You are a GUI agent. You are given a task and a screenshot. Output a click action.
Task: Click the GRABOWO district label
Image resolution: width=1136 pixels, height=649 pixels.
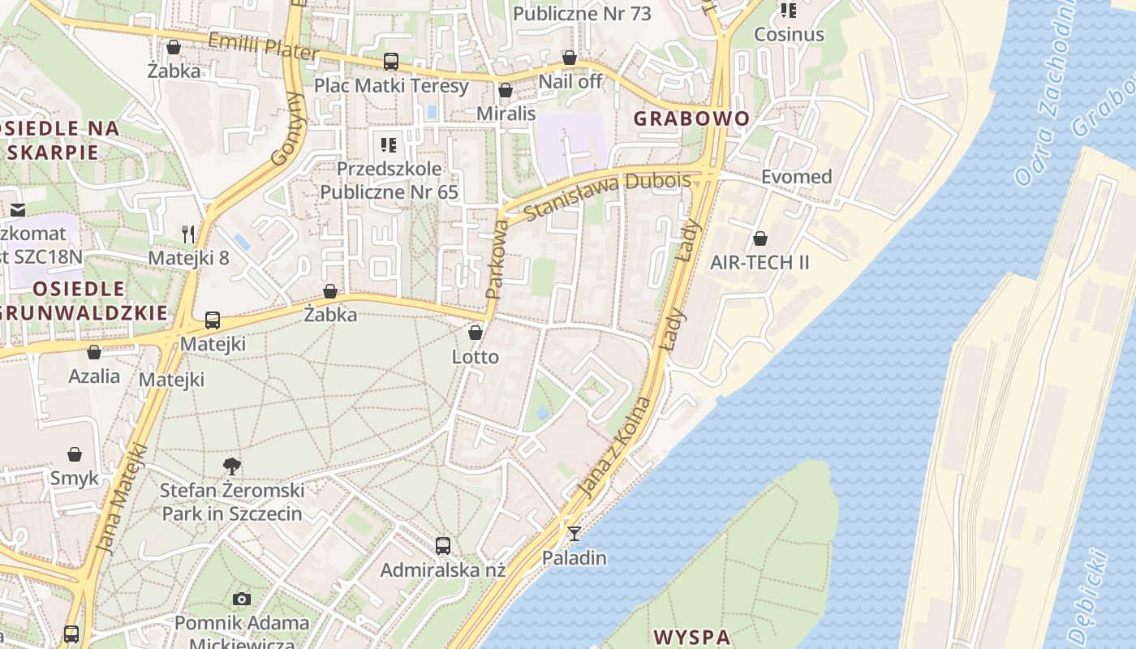point(691,118)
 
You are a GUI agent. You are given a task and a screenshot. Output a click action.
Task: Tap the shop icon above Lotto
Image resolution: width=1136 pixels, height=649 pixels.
point(475,333)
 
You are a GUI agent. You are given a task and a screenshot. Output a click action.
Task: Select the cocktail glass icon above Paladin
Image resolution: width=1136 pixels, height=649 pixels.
point(574,533)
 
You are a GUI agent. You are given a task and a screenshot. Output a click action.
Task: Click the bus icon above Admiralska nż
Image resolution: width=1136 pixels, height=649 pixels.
point(442,545)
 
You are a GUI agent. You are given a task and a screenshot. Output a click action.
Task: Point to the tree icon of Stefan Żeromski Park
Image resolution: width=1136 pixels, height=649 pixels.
point(232,466)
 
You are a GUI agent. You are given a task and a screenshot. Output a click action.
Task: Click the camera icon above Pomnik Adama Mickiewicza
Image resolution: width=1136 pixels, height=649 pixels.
point(241,599)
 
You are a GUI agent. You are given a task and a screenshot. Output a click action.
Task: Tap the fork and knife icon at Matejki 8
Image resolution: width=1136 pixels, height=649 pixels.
point(188,234)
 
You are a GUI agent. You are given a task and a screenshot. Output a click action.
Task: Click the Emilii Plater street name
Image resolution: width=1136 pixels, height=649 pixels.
point(263,46)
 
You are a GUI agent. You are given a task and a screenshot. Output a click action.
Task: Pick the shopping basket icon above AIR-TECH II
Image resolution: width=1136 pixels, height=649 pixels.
point(760,239)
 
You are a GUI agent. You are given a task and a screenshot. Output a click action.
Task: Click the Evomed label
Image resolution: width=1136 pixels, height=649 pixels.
point(796,177)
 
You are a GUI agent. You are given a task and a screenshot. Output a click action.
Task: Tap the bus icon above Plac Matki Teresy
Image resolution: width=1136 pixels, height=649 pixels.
point(391,61)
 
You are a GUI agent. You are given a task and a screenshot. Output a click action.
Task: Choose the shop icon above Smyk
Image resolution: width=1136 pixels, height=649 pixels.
point(75,454)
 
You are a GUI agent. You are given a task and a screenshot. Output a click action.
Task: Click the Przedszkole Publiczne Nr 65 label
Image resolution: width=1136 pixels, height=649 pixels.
point(389,180)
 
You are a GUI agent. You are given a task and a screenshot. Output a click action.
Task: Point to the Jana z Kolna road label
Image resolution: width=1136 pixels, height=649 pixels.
point(616,447)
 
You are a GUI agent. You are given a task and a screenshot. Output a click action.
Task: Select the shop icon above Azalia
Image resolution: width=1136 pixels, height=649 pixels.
point(94,352)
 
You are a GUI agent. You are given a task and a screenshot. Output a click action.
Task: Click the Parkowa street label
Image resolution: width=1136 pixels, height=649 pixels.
point(497,260)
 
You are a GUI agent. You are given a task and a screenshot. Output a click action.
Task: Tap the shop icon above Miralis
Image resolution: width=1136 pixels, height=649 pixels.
point(506,90)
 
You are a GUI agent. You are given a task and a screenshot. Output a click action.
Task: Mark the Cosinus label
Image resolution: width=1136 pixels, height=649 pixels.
point(789,35)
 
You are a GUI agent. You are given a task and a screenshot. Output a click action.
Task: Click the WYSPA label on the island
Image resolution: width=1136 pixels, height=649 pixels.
point(692,636)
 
